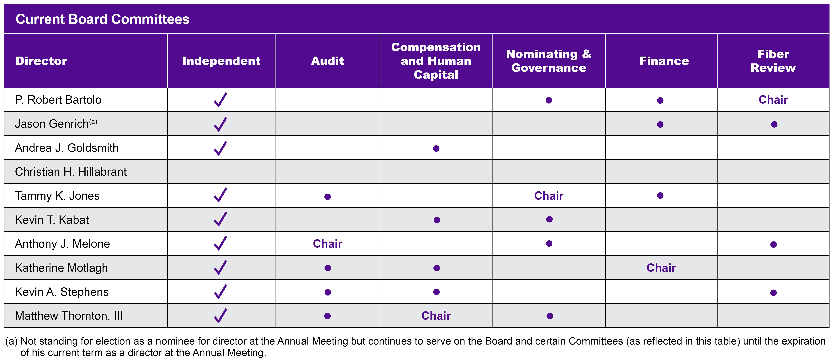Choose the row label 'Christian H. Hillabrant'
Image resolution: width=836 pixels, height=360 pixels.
[71, 172]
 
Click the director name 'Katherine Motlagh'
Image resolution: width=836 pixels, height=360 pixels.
[61, 268]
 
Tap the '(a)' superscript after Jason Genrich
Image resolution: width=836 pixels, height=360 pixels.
[93, 122]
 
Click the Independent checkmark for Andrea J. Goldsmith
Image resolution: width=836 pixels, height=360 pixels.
[220, 148]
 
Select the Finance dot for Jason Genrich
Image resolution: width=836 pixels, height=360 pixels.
[660, 124]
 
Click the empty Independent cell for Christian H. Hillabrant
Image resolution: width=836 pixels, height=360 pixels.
[221, 172]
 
